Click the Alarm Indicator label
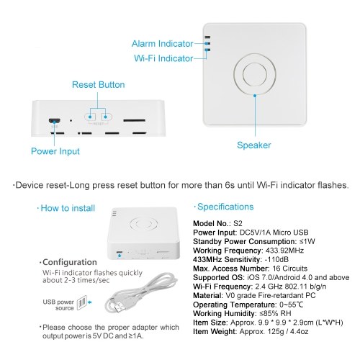[163, 44]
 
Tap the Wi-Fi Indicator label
[163, 58]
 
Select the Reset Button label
[99, 85]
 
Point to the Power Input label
[55, 151]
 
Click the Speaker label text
[254, 145]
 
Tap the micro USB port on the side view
[55, 120]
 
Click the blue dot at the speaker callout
[255, 96]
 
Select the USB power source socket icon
[81, 302]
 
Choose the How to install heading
[68, 208]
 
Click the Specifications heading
[225, 207]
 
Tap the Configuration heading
[70, 262]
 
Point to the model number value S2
[238, 223]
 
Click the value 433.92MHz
[284, 251]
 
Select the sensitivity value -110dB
[276, 259]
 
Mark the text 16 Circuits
[290, 269]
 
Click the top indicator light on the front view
[207, 37]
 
